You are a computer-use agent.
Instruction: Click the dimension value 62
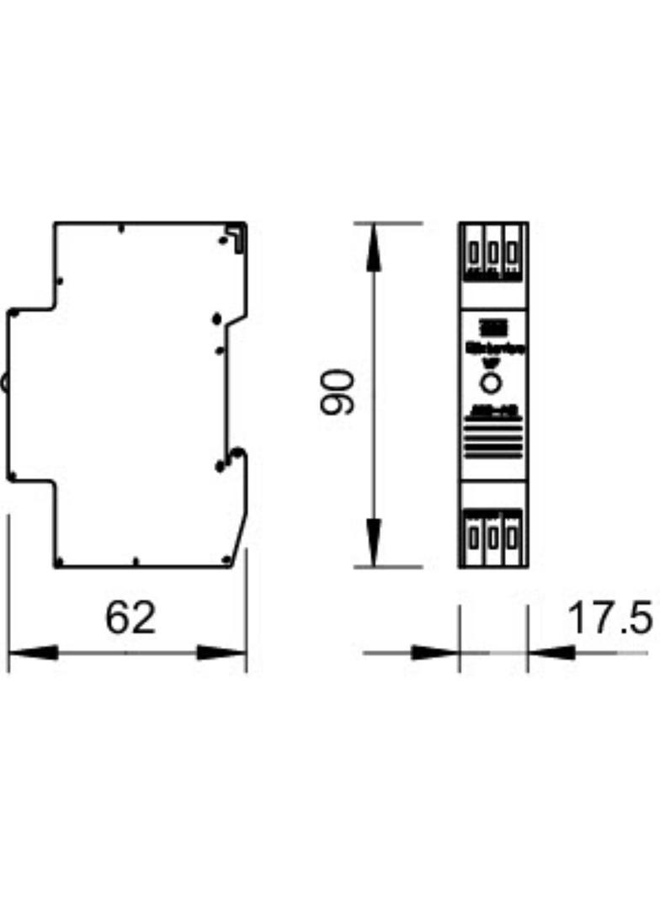tap(130, 617)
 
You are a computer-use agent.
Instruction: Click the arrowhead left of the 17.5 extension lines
tap(434, 652)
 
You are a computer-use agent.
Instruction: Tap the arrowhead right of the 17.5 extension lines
tap(551, 652)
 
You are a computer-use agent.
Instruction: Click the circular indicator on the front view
tap(492, 384)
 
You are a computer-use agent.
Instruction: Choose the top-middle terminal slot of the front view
tap(492, 252)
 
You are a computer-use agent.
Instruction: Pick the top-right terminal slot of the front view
tap(511, 252)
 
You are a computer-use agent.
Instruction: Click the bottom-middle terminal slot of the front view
tap(492, 536)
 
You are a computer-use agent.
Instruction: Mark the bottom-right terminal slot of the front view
tap(511, 536)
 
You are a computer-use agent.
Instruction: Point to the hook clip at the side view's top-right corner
tap(239, 235)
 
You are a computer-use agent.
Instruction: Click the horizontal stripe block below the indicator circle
tap(492, 442)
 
